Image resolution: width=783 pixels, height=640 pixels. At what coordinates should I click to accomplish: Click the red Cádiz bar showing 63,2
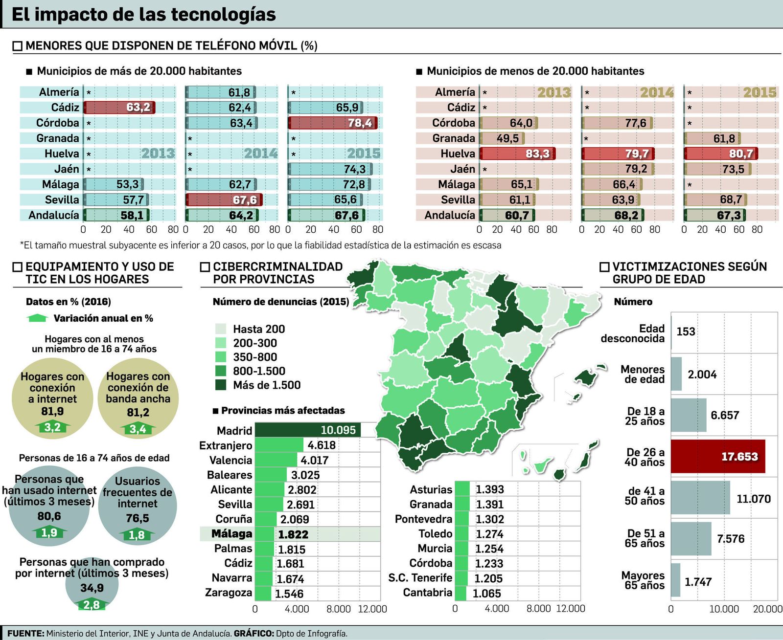119,108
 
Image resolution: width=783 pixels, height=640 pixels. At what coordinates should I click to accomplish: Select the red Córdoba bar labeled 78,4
332,123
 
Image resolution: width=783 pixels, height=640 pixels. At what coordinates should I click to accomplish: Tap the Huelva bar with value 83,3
517,154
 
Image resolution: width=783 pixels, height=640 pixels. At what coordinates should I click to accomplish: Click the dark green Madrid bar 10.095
307,430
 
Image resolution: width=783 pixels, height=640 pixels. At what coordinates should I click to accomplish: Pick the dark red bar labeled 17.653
717,456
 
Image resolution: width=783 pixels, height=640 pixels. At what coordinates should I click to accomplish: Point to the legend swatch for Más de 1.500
221,385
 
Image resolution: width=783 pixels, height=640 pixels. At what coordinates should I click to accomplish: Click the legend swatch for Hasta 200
221,329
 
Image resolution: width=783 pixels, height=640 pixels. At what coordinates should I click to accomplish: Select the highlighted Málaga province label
232,534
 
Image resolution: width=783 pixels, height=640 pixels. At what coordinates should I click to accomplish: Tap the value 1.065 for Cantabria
487,594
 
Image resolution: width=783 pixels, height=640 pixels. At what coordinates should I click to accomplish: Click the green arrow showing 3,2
52,428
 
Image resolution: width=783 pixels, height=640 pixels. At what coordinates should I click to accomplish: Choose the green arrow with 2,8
92,605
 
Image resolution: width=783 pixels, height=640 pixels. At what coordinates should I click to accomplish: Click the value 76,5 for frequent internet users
138,518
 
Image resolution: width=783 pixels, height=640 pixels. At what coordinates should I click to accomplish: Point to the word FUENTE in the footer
25,633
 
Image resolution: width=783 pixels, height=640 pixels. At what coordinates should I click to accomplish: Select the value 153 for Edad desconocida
686,331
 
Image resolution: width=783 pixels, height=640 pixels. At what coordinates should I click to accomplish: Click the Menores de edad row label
643,374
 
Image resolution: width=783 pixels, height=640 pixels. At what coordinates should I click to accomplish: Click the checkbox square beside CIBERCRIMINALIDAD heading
205,267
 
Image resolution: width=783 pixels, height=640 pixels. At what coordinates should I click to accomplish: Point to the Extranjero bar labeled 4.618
279,445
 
